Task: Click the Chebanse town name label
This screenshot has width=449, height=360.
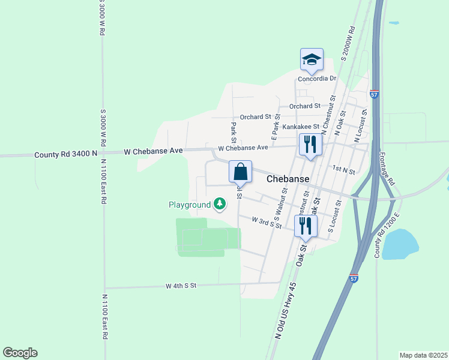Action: point(288,179)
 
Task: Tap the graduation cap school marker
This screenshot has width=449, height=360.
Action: point(312,59)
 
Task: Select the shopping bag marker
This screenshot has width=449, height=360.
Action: point(240,172)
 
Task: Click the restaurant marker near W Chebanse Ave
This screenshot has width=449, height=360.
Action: point(310,145)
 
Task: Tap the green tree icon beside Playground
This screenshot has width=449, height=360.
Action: point(220,205)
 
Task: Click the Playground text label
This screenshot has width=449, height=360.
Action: point(189,205)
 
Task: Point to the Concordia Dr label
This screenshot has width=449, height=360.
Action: point(318,79)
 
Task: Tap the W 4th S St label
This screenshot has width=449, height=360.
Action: point(181,286)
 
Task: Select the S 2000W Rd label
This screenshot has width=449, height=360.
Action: point(348,43)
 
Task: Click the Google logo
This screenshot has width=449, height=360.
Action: point(20,353)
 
